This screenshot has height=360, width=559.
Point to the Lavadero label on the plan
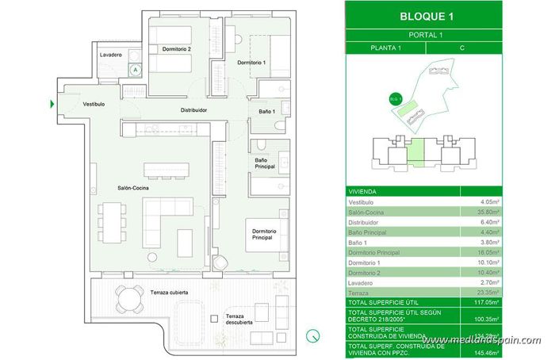point(110,55)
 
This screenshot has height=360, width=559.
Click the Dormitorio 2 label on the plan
point(177,49)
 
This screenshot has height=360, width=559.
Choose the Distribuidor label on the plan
point(193,110)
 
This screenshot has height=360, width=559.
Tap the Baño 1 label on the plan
point(266,111)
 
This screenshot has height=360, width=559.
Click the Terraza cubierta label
point(169,293)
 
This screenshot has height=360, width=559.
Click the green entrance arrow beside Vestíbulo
point(52,104)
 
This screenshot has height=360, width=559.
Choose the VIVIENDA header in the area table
point(362,191)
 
